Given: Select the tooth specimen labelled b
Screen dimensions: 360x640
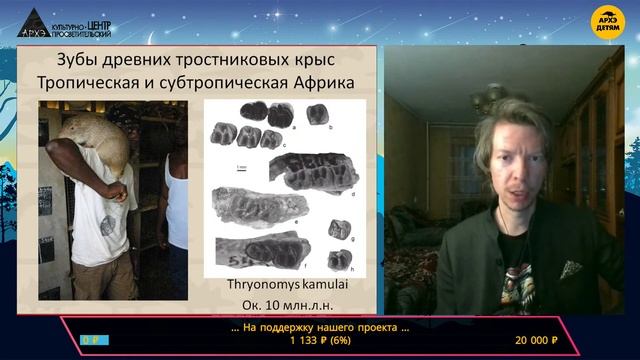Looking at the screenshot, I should (317, 113).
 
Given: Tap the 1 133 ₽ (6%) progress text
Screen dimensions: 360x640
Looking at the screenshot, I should (320, 341).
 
